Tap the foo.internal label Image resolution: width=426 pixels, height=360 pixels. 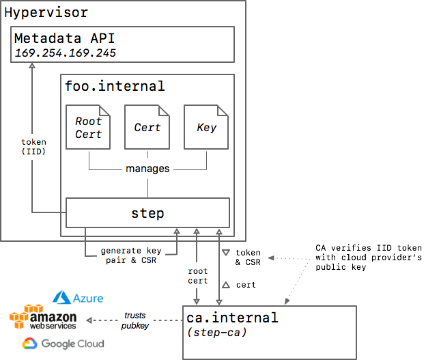click(115, 86)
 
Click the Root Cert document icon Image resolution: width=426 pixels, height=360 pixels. click(89, 128)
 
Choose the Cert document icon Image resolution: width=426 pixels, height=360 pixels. click(147, 128)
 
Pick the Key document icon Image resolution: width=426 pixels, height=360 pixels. click(206, 128)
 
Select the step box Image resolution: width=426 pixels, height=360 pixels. click(147, 213)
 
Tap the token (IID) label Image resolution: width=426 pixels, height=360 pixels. click(33, 147)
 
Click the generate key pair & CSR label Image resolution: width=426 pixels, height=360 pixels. click(130, 255)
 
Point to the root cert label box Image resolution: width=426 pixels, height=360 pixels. click(197, 275)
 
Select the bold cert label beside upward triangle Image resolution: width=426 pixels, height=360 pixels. click(245, 284)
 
